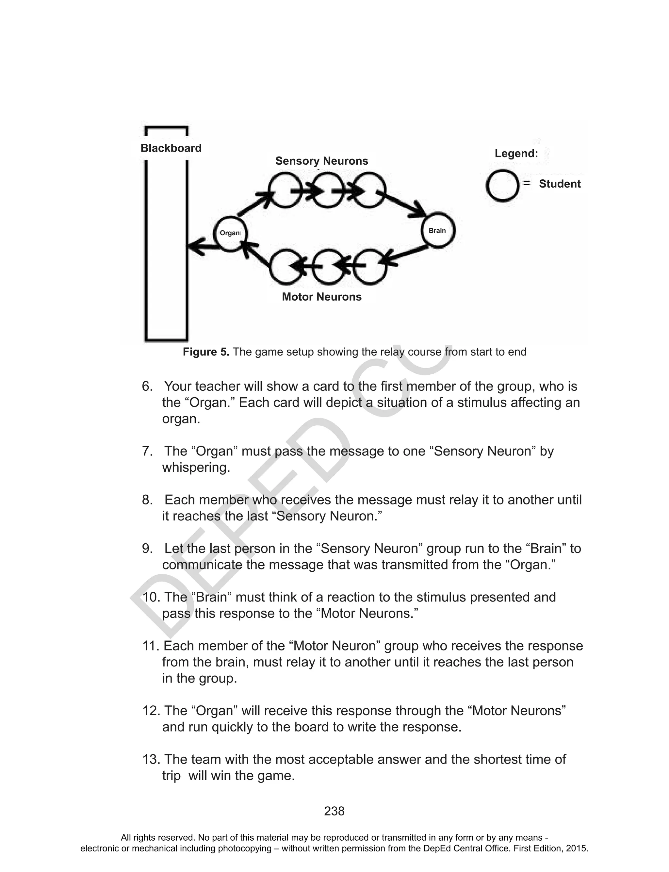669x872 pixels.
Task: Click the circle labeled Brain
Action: [x=438, y=231]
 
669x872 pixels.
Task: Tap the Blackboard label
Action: [x=171, y=148]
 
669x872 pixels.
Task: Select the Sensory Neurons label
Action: [x=322, y=161]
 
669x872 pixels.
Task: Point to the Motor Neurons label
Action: [x=322, y=297]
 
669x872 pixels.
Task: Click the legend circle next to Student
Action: [x=502, y=186]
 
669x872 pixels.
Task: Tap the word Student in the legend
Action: [x=560, y=184]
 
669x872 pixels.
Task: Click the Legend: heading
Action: [x=516, y=154]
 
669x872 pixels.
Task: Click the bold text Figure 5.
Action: [x=206, y=352]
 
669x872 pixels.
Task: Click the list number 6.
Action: [x=147, y=386]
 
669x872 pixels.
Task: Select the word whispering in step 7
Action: [x=196, y=467]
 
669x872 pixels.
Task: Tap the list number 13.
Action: [x=151, y=759]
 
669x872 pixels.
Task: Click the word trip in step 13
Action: [x=171, y=776]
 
